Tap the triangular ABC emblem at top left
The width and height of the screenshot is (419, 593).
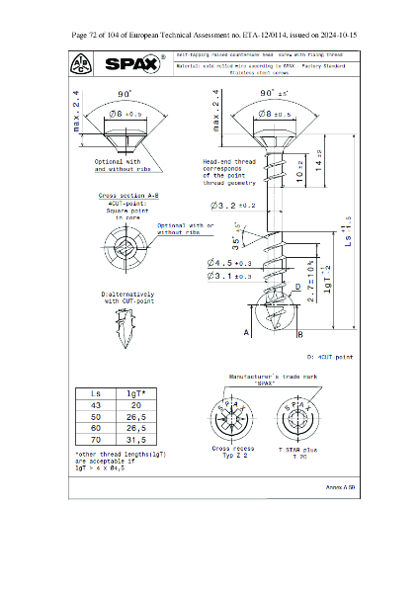(80, 64)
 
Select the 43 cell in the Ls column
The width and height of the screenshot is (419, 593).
(95, 404)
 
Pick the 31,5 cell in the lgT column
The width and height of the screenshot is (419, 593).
(135, 441)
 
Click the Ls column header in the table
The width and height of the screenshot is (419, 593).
(95, 392)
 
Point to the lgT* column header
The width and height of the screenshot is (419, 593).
(135, 392)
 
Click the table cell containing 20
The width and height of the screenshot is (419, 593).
(135, 404)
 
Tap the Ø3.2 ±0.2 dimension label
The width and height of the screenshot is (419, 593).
(233, 206)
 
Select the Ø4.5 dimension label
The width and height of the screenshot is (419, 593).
(229, 263)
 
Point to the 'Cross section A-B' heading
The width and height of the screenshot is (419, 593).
(124, 196)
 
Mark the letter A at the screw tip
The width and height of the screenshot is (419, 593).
(245, 333)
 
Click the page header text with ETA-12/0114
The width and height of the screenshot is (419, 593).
(209, 35)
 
